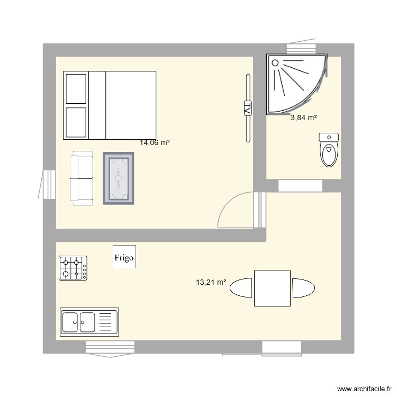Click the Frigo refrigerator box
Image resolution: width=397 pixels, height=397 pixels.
[x=124, y=257]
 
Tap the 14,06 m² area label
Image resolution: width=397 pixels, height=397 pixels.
[x=155, y=142]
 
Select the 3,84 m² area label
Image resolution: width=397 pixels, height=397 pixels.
[x=303, y=118]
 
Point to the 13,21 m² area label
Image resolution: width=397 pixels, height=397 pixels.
[x=211, y=283]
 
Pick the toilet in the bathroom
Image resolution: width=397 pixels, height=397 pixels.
[x=329, y=150]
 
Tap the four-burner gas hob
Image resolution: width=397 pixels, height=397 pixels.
[x=73, y=268]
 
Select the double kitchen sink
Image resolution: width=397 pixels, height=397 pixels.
[x=89, y=321]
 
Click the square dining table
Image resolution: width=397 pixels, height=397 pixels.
[x=272, y=288]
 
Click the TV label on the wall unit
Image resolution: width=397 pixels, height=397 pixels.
[x=247, y=108]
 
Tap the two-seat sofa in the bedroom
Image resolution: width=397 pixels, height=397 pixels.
[x=82, y=178]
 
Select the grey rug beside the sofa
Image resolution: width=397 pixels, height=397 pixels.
[x=119, y=178]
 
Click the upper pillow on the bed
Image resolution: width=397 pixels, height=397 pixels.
[x=75, y=89]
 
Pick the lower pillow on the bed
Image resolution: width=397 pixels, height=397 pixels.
[x=75, y=122]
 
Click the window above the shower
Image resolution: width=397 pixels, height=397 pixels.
[x=301, y=48]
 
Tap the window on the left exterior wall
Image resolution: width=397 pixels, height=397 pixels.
[x=48, y=184]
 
